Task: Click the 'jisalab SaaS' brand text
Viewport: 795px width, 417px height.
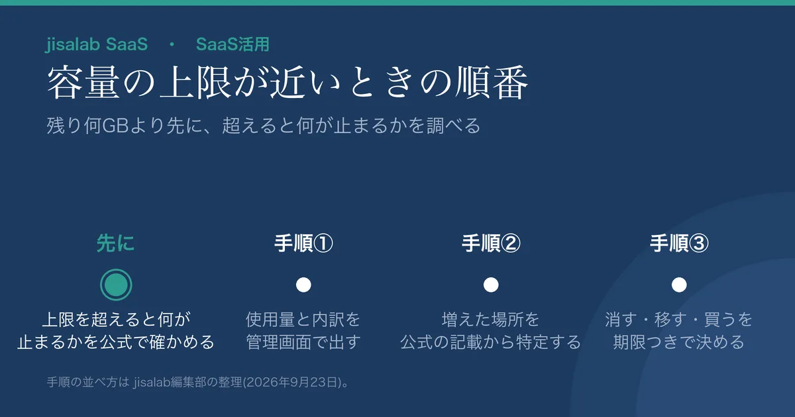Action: click(x=97, y=45)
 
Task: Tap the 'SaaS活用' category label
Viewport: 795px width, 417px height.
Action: click(x=233, y=44)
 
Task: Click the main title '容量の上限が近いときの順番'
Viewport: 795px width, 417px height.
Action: click(x=288, y=83)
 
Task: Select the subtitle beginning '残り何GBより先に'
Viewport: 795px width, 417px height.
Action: click(x=264, y=126)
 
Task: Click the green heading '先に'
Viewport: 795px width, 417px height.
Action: click(x=116, y=244)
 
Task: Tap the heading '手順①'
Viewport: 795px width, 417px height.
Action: click(x=303, y=244)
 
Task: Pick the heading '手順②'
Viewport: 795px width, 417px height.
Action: click(x=491, y=244)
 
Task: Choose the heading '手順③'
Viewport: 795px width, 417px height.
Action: click(x=679, y=244)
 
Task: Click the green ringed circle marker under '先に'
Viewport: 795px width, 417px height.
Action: click(x=116, y=285)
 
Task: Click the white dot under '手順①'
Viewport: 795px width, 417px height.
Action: click(x=303, y=285)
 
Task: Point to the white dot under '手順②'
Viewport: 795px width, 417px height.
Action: click(x=491, y=285)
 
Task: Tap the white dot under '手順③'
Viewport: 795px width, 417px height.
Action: click(x=679, y=285)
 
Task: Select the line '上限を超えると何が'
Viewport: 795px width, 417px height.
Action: click(x=116, y=320)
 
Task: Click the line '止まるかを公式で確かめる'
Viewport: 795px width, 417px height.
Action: click(x=116, y=342)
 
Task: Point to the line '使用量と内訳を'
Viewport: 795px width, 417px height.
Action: click(x=303, y=320)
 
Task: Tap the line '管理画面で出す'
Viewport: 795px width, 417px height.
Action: click(x=303, y=342)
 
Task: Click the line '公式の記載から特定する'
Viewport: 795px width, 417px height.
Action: click(x=491, y=342)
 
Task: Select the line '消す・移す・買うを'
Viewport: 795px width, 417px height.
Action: click(x=678, y=320)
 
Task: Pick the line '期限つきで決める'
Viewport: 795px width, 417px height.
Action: click(x=678, y=342)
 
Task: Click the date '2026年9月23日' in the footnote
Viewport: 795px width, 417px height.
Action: click(x=291, y=383)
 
